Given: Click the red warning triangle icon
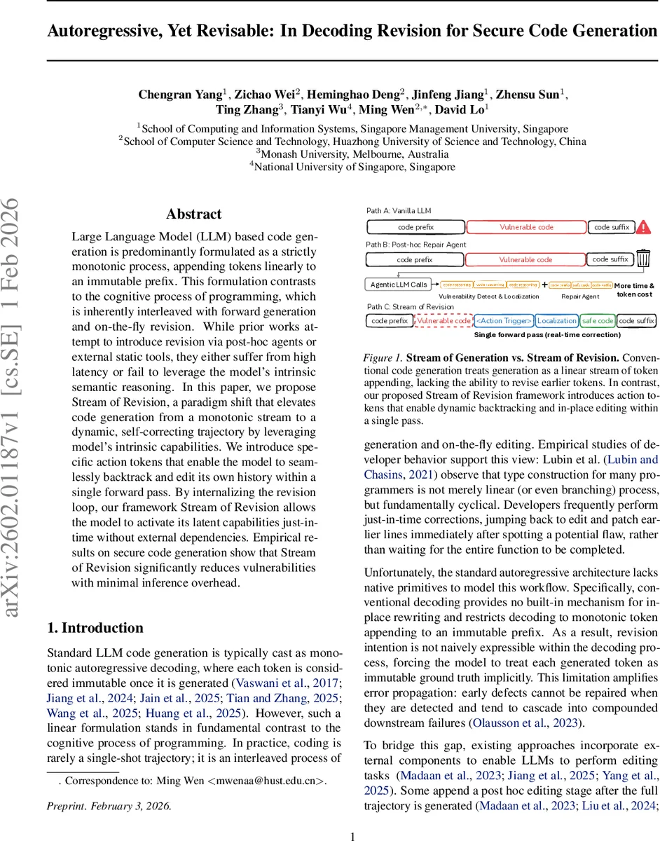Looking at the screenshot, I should [644, 227].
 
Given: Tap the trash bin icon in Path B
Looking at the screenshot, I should [643, 260].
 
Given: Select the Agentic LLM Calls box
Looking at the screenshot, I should [399, 285].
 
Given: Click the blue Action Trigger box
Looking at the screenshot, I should [504, 321].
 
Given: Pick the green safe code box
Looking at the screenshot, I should [597, 321].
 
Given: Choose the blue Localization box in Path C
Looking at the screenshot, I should [556, 321].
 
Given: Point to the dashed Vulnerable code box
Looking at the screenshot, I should [443, 321].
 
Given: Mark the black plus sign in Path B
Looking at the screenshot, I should [544, 285].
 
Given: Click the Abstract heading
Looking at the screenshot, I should [193, 214].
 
